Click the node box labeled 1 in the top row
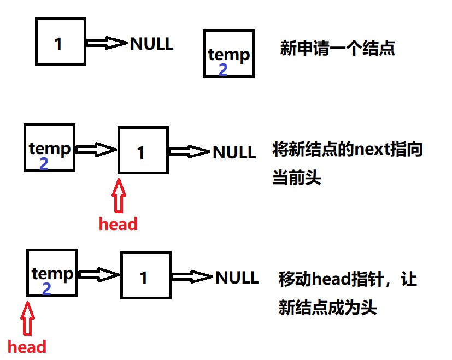[60, 42]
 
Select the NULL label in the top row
[152, 43]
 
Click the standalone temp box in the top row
[228, 54]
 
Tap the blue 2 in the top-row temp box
[223, 70]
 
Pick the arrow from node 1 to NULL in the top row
[107, 43]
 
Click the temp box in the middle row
[49, 147]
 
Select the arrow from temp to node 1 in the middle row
[96, 149]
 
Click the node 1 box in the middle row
[143, 150]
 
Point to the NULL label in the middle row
[234, 152]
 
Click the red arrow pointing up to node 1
[118, 196]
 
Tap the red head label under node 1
[118, 223]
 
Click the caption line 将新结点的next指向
[348, 150]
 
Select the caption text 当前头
[297, 178]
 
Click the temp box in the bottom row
[52, 272]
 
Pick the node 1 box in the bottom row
[145, 275]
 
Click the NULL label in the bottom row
[237, 277]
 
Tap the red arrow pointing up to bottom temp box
[27, 319]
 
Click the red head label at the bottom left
[27, 346]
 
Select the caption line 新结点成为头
[328, 308]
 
